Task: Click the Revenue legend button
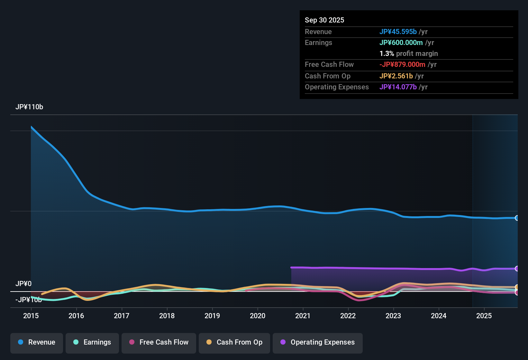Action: (37, 343)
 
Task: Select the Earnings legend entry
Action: (92, 343)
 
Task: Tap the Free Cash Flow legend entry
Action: (159, 343)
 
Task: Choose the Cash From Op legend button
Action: (234, 343)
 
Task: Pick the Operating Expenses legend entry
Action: (318, 343)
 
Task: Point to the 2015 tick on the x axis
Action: (31, 316)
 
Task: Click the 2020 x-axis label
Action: (258, 316)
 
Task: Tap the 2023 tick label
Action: (393, 316)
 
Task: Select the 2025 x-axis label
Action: (484, 316)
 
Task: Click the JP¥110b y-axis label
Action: (29, 107)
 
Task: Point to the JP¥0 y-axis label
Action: (23, 284)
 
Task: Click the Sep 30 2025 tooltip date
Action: (324, 20)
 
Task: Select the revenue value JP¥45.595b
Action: (398, 32)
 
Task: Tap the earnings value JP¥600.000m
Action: (401, 43)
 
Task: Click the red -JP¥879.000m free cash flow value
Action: (402, 65)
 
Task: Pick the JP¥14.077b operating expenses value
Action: (398, 87)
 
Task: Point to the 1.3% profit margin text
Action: (409, 54)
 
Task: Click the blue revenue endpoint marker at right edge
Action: (517, 218)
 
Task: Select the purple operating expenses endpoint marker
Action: (517, 268)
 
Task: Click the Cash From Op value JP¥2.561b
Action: (396, 76)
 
